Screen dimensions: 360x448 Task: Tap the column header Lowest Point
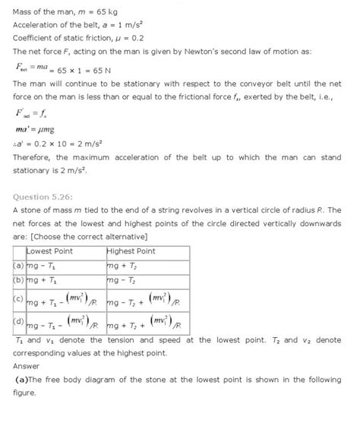click(x=49, y=250)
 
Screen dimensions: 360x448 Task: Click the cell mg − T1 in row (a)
click(x=41, y=266)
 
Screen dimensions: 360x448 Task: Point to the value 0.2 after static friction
click(x=137, y=37)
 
